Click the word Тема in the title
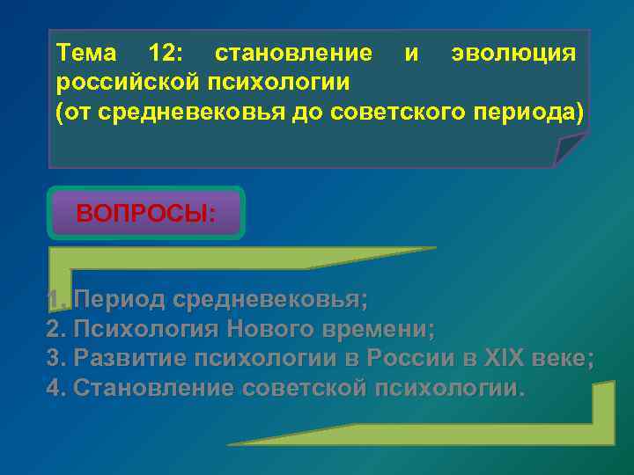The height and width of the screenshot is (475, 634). click(87, 53)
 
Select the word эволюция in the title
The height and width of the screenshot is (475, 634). click(513, 53)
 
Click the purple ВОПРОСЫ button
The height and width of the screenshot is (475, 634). click(146, 214)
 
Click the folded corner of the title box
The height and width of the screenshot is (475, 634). click(570, 149)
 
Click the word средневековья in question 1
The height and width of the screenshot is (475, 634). click(270, 300)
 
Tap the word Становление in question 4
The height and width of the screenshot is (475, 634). click(149, 388)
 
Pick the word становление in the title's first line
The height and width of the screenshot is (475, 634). click(292, 53)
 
